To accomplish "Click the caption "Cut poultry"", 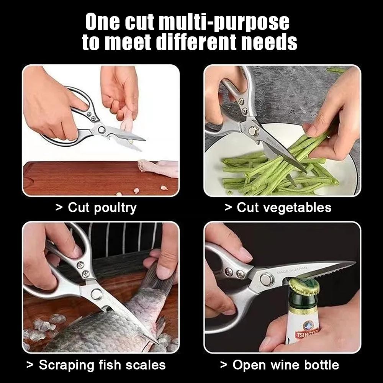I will click(x=102, y=208).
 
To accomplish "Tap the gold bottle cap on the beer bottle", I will click(x=305, y=288).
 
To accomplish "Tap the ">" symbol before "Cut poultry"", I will click(x=59, y=208).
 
